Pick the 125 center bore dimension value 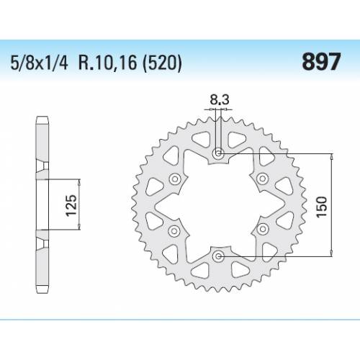(x=71, y=204)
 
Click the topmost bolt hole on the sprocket (x=220, y=154)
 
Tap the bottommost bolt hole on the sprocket (x=220, y=256)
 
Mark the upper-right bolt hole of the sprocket (x=264, y=180)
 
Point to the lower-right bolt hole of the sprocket (x=264, y=230)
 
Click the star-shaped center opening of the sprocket (x=220, y=205)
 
